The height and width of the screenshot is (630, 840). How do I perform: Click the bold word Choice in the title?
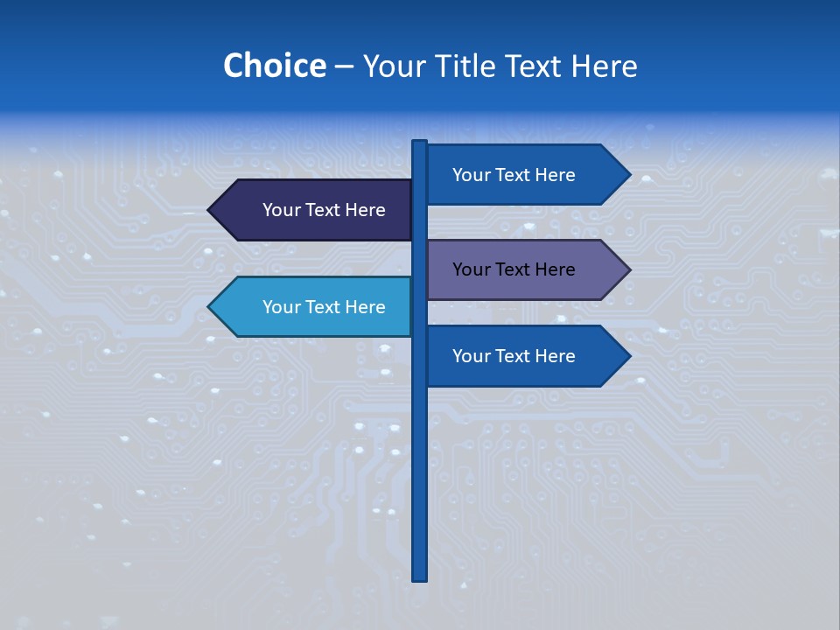(x=274, y=66)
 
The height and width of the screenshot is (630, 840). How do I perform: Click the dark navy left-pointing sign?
(x=311, y=210)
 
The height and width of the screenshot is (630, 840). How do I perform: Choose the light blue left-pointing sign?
(x=311, y=307)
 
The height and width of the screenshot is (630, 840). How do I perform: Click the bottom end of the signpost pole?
(x=420, y=577)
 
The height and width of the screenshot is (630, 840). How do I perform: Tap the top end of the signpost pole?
(x=420, y=143)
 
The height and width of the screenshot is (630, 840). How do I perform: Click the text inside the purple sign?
(x=514, y=269)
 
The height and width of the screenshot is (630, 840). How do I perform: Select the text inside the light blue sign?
(x=324, y=307)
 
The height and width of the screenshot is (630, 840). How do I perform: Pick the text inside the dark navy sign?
(x=324, y=210)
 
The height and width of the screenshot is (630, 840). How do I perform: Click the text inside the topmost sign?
(x=514, y=175)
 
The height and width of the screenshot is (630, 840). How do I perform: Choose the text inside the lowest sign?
(x=514, y=356)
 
